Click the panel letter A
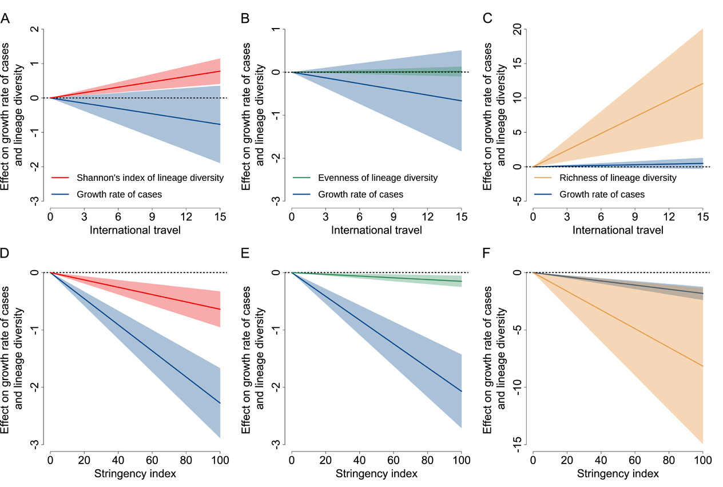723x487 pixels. (x=5, y=19)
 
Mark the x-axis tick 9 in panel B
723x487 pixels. (x=394, y=217)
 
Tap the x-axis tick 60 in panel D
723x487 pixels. (x=152, y=460)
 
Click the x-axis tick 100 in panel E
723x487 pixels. (x=461, y=460)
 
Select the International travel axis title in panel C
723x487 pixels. (x=618, y=231)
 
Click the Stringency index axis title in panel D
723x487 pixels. (x=135, y=474)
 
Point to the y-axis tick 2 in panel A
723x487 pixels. (x=35, y=29)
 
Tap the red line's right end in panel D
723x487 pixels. (x=220, y=309)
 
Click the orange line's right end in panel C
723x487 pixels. (x=702, y=84)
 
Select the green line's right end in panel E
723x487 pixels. (x=461, y=282)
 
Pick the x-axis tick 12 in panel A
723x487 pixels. (x=186, y=217)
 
